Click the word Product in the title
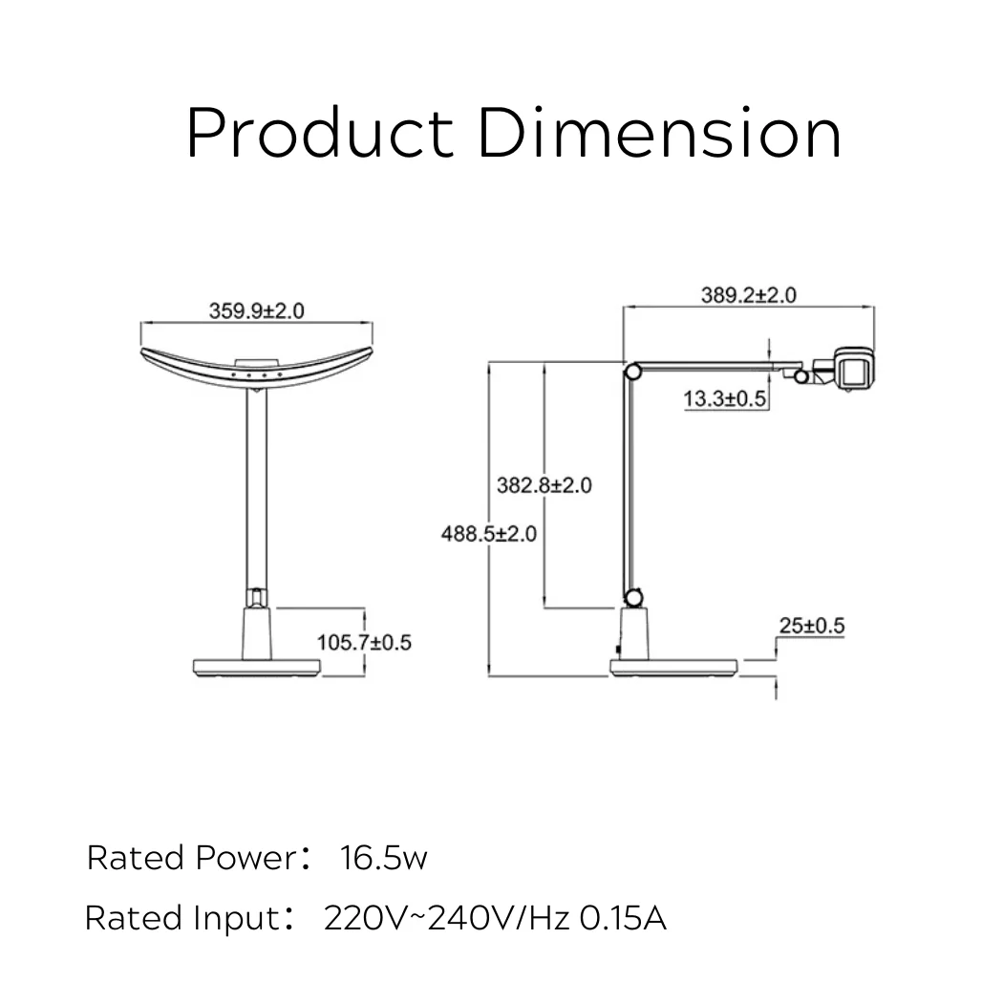pos(319,134)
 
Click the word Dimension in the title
pos(659,134)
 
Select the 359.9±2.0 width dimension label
pos(256,311)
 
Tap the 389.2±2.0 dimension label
pos(748,295)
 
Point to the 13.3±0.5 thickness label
pos(726,399)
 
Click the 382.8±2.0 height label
pos(544,485)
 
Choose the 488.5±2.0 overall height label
pos(488,533)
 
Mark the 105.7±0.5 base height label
pos(364,642)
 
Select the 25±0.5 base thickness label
pos(812,627)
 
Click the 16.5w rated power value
pos(383,858)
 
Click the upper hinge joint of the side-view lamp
pos(631,372)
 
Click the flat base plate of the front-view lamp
pos(255,667)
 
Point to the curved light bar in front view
pos(256,372)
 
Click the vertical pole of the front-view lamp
pos(255,487)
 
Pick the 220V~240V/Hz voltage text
pos(447,918)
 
